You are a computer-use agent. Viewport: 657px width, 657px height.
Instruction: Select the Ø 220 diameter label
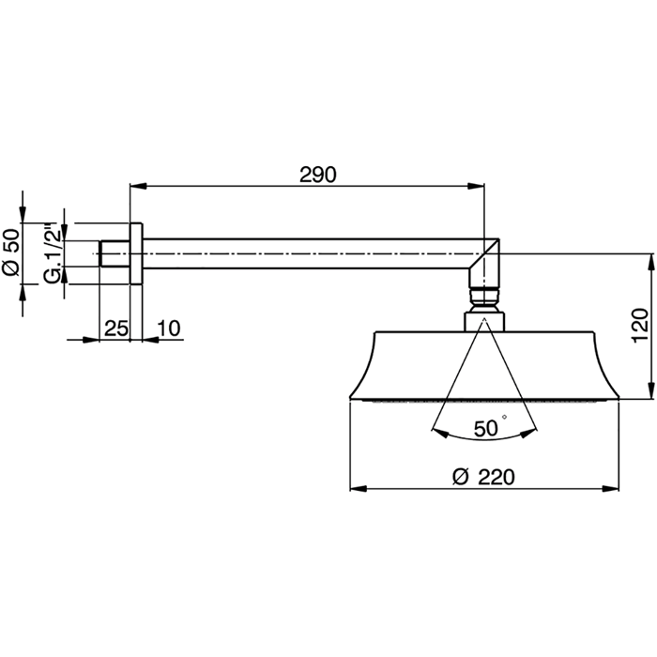pyautogui.click(x=483, y=477)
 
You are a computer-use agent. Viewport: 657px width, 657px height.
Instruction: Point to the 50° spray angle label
pyautogui.click(x=486, y=428)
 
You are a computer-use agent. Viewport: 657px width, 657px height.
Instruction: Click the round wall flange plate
pyautogui.click(x=136, y=253)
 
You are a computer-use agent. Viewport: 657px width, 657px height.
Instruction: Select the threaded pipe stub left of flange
pyautogui.click(x=115, y=253)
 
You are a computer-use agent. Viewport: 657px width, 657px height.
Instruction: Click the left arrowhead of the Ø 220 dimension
pyautogui.click(x=358, y=488)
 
